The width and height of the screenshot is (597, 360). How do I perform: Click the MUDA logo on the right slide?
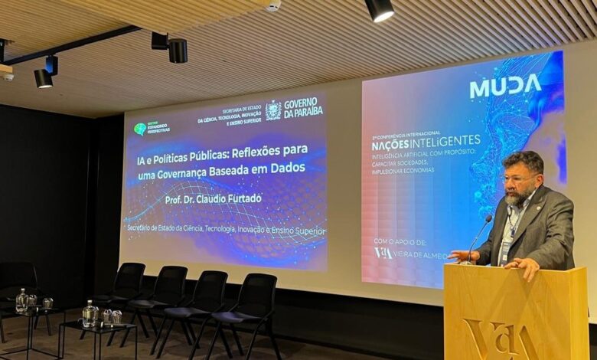pos(505,86)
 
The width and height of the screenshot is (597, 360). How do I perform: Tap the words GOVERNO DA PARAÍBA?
pos(303,107)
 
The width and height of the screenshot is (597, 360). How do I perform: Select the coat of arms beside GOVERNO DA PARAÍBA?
pos(273,110)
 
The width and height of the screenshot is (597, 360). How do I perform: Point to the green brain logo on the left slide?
pos(140,129)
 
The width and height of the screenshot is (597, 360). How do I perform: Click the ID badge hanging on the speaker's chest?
pos(506,250)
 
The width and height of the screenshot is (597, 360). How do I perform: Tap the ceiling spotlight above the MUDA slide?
pos(379,9)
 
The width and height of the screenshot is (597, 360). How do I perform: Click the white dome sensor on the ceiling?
pos(273,5)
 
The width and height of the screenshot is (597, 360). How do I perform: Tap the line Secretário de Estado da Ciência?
pos(226,231)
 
